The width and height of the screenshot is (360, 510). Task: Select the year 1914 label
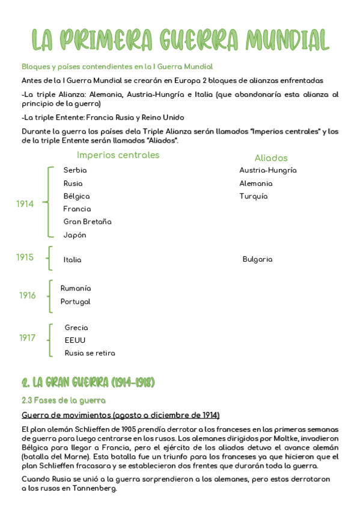[x=25, y=204]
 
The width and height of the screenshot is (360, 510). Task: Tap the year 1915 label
[x=25, y=257]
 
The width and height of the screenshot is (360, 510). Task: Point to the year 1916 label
[x=27, y=295]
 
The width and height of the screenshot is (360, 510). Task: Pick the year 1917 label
[x=27, y=338]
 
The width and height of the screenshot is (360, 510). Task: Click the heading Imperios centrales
[x=118, y=155]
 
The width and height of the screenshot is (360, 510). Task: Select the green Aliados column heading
[x=271, y=158]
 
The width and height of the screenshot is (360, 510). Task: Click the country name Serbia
[x=75, y=170]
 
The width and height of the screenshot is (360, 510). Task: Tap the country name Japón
[x=75, y=235]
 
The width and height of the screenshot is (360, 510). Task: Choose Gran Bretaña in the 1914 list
[x=87, y=222]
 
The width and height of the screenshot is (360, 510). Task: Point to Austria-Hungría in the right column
[x=267, y=170]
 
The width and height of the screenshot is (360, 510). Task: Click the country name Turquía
[x=253, y=196]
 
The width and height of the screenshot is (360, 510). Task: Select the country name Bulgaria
[x=257, y=259]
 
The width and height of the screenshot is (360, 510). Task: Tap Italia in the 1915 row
[x=72, y=260]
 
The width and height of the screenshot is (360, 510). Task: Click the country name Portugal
[x=75, y=301]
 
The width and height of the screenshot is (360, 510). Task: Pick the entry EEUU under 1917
[x=75, y=340]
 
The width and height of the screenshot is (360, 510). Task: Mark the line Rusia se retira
[x=90, y=353]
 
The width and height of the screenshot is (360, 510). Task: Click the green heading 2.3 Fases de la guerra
[x=63, y=400]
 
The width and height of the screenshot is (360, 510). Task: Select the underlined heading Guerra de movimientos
[x=120, y=415]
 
